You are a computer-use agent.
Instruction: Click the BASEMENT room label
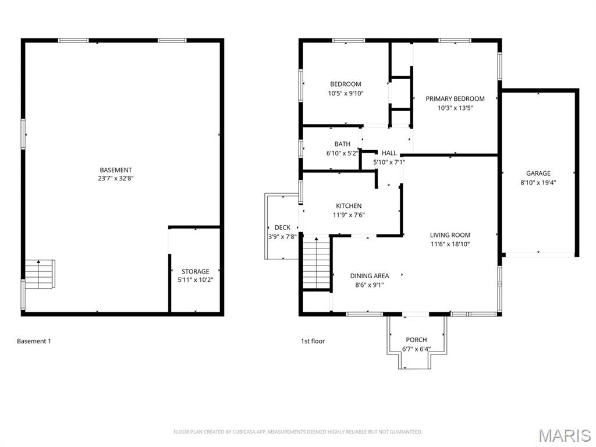point(115,170)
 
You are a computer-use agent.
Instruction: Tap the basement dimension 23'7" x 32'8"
point(115,179)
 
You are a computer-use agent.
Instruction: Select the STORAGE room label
point(195,271)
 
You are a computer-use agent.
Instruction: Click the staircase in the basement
point(40,274)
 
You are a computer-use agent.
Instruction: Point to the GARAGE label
point(538,173)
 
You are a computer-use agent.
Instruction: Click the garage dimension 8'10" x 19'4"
point(538,182)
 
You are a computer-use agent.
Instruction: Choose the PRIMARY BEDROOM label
point(455,99)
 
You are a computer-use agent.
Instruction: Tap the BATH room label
point(342,144)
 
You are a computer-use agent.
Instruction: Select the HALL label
point(389,153)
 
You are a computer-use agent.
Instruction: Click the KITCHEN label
point(349,206)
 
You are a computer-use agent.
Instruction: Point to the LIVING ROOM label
point(450,235)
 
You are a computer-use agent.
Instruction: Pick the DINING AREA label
point(369,276)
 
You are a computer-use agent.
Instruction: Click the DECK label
point(282,228)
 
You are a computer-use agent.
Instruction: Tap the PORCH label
point(416,340)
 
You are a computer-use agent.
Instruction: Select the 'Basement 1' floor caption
point(34,341)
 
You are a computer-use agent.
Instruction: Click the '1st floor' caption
point(313,341)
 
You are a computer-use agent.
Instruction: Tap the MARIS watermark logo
point(564,435)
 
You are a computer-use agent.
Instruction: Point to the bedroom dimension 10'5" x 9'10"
point(345,93)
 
